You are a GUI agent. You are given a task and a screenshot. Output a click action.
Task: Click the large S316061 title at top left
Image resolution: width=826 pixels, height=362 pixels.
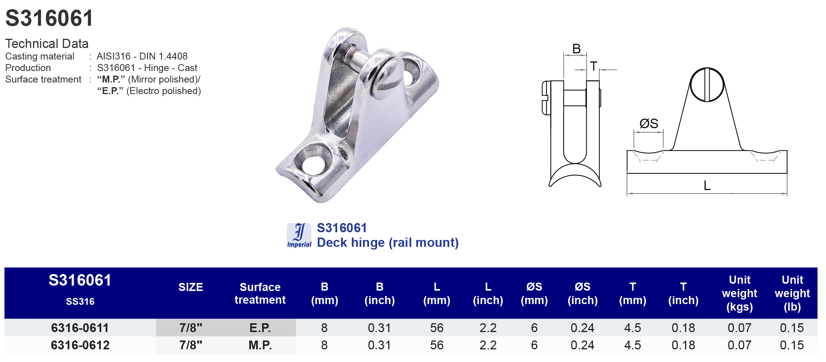[x=49, y=18]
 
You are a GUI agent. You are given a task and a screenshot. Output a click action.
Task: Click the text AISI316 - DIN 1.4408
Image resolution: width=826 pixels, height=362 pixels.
[x=142, y=56]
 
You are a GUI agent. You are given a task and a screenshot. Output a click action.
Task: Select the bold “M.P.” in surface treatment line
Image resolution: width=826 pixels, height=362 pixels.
[x=111, y=79]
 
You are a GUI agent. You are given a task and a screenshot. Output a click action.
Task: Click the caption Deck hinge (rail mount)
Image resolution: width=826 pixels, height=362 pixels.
[x=387, y=243]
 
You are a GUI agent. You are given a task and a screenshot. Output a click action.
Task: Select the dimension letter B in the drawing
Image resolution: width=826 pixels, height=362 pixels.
[x=576, y=49]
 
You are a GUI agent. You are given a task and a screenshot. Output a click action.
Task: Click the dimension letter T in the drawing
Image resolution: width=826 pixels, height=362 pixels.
[x=593, y=66]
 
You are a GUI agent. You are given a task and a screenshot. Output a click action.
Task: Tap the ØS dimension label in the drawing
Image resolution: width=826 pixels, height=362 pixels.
[x=649, y=124]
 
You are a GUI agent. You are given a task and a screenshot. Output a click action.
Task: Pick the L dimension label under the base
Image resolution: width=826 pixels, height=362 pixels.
[x=707, y=186]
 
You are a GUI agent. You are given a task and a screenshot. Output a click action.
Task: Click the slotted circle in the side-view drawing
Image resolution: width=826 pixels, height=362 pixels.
[x=707, y=85]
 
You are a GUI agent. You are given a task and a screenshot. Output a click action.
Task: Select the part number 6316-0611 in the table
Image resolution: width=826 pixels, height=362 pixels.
[x=80, y=328]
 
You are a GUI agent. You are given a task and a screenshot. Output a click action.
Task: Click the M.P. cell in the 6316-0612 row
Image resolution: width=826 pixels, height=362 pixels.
[x=260, y=345]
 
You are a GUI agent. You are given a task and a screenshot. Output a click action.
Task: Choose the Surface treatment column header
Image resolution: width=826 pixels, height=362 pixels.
[x=260, y=293]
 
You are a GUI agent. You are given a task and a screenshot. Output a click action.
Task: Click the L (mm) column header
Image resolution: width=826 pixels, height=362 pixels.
[x=437, y=293]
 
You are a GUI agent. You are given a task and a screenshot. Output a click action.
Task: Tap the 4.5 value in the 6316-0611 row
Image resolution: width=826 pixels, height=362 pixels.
[x=632, y=328]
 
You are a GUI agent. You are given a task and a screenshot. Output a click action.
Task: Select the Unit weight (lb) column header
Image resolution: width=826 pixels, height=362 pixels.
[x=792, y=293]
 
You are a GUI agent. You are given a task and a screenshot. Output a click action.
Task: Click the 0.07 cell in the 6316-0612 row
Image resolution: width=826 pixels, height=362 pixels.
[x=739, y=345]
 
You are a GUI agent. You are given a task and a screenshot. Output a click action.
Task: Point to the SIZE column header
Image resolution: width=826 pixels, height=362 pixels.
[x=190, y=287]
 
